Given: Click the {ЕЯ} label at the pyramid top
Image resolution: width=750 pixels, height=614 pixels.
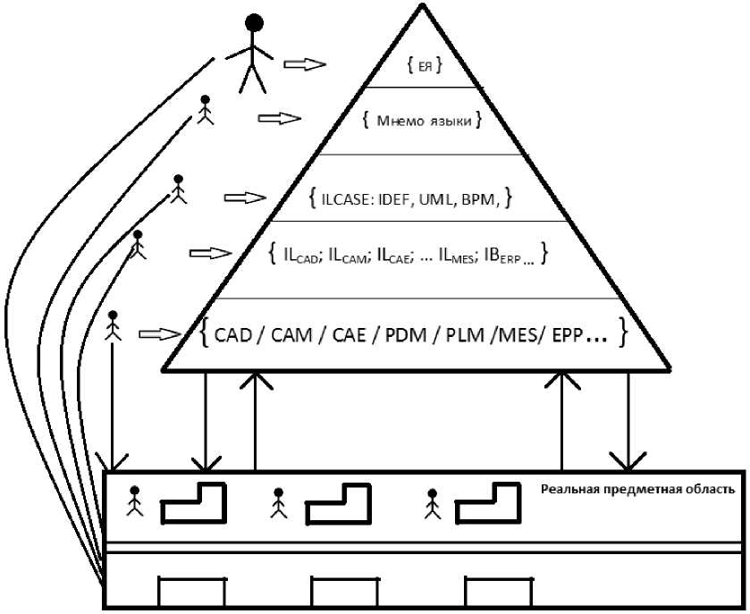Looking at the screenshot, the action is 425,65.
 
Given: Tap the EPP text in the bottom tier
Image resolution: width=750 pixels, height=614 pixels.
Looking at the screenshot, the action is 568,335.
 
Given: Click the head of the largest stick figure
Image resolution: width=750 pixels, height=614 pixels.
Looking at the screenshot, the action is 254,22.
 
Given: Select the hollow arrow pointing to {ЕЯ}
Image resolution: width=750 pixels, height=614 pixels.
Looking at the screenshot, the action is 305,64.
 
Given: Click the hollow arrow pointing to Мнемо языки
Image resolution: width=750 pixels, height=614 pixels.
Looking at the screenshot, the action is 280,118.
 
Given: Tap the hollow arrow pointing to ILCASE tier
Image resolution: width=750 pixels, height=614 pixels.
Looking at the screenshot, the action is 245,197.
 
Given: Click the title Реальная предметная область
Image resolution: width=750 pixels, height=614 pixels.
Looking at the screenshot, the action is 637,490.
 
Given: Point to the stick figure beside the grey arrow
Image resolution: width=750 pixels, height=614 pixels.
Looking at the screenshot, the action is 113,325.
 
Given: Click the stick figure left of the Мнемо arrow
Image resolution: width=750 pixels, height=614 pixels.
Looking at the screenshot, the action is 206,110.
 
